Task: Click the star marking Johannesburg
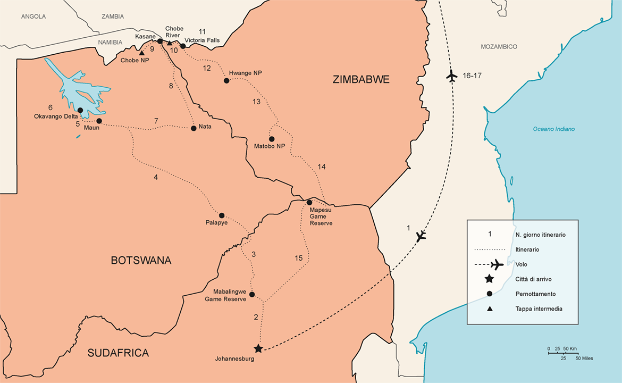coord(258,348)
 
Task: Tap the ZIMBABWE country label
coord(361,80)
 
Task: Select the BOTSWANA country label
coord(141,260)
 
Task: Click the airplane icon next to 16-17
coord(451,76)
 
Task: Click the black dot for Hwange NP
coord(226,81)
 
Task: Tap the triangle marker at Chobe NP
coord(141,53)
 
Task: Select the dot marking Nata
coord(194,128)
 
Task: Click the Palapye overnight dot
coord(222,215)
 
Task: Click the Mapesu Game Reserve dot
coord(309,202)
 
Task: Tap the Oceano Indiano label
coord(554,129)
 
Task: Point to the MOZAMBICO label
coord(499,47)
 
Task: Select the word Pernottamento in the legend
coord(536,294)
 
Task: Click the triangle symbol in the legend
coord(488,309)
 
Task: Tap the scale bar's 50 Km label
coord(569,349)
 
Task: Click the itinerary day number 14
coord(322,167)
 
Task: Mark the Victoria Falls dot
coord(183,46)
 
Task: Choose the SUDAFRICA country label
coord(118,353)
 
